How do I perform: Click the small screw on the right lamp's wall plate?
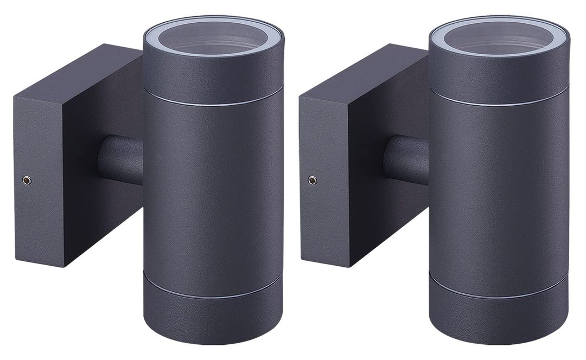click(312, 180)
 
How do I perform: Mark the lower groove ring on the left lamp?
click(213, 296)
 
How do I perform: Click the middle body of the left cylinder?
click(213, 195)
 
